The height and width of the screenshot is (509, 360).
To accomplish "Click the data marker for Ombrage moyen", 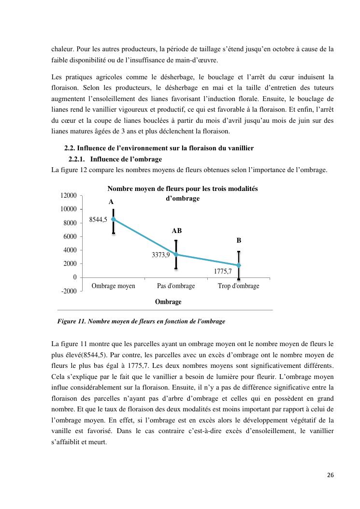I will click(x=114, y=219).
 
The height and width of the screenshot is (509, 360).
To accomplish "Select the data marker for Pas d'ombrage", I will click(x=176, y=254).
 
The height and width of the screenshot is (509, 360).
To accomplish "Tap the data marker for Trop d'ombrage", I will click(x=239, y=265).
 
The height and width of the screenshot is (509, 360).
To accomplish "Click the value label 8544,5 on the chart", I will click(x=99, y=219).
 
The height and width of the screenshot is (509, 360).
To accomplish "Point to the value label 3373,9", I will click(x=161, y=255).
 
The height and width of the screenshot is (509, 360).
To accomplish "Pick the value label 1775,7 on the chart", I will click(x=223, y=272).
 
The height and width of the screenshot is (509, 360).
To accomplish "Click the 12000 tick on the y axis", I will click(x=68, y=195).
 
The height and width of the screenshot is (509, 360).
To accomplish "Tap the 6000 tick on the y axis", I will click(x=70, y=236).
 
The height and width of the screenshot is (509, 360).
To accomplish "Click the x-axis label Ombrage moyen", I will click(x=114, y=286).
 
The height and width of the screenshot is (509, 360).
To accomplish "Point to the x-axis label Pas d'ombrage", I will click(x=176, y=286).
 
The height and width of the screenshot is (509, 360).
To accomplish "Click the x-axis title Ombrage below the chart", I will click(x=168, y=302).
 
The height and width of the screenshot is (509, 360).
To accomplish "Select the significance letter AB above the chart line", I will click(x=176, y=231).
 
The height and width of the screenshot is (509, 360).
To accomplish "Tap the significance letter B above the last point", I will click(x=239, y=240).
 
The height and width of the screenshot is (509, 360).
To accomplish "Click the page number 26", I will click(x=330, y=475).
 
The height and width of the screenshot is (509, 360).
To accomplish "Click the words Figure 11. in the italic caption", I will click(x=72, y=321).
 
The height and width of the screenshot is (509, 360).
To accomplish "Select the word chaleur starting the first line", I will click(x=61, y=49).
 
